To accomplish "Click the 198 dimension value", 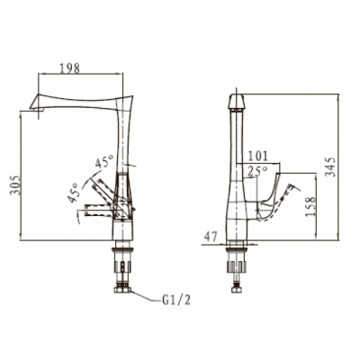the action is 70,68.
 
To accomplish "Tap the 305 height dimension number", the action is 15,184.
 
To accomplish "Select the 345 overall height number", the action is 330,166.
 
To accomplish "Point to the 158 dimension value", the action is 310,206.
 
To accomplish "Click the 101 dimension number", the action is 257,157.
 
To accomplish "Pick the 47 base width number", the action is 211,238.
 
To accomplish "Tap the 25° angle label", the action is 257,171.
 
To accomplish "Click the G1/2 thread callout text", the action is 176,300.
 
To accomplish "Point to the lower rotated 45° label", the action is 74,193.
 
